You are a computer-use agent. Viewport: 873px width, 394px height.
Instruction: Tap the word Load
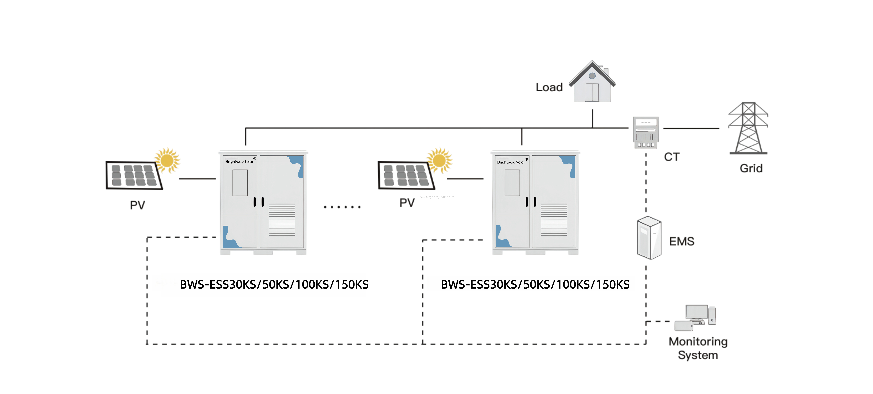pyautogui.click(x=549, y=87)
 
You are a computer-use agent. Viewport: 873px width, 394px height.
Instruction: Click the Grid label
pyautogui.click(x=751, y=168)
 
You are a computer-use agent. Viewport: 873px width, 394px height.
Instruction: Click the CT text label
pyautogui.click(x=672, y=157)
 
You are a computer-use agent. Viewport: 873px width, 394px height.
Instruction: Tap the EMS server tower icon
pyautogui.click(x=649, y=238)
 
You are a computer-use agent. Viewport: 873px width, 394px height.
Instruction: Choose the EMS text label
pyautogui.click(x=682, y=242)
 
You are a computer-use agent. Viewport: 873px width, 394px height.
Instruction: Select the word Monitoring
pyautogui.click(x=698, y=341)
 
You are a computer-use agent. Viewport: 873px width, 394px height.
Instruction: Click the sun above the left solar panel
pyautogui.click(x=167, y=160)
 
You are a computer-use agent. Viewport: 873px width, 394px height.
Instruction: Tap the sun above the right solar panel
pyautogui.click(x=439, y=160)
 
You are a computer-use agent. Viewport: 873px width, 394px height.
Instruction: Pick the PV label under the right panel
pyautogui.click(x=407, y=203)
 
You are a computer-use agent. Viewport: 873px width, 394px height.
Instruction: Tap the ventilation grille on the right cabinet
pyautogui.click(x=554, y=220)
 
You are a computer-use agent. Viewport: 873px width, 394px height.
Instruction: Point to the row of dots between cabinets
pyautogui.click(x=342, y=207)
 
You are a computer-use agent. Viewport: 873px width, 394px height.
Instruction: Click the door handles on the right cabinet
pyautogui.click(x=531, y=202)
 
